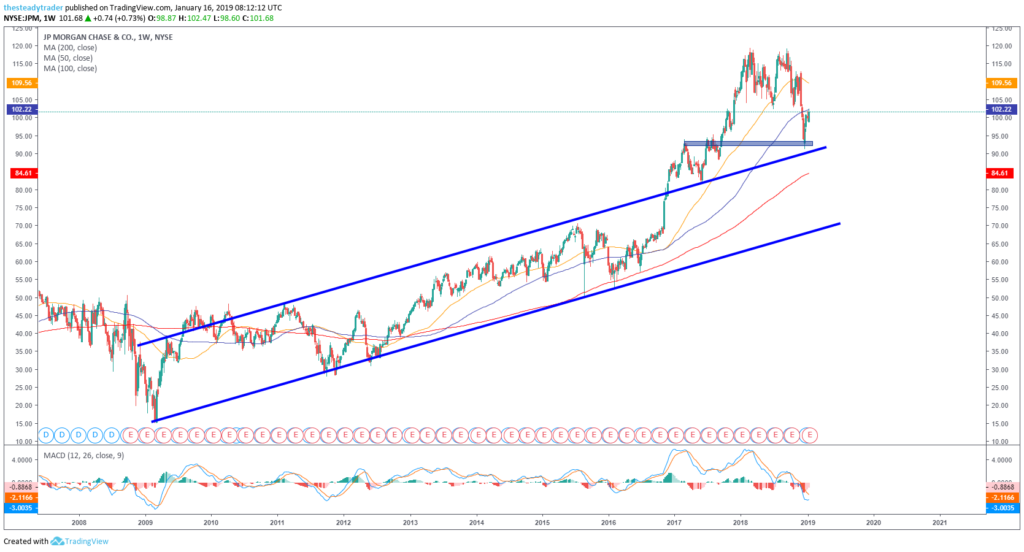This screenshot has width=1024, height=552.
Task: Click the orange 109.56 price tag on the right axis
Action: pyautogui.click(x=1002, y=82)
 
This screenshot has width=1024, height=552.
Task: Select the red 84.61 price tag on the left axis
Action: pyautogui.click(x=20, y=173)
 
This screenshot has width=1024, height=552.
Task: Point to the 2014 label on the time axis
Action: pyautogui.click(x=476, y=522)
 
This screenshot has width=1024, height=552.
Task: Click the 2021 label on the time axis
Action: pyautogui.click(x=939, y=522)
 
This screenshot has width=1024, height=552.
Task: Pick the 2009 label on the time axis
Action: pyautogui.click(x=145, y=522)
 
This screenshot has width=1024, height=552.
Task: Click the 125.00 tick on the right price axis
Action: pyautogui.click(x=1000, y=28)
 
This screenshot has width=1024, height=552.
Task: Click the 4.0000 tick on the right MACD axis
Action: pyautogui.click(x=1001, y=460)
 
